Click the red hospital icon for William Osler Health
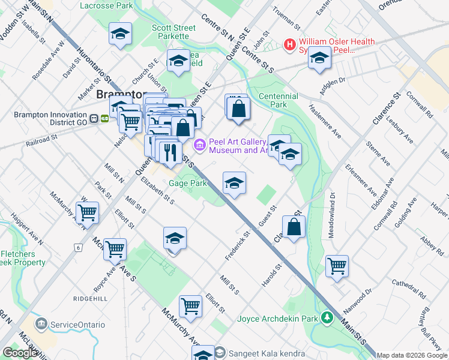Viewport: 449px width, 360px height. [x=291, y=44]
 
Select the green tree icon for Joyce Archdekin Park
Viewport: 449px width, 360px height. [x=327, y=317]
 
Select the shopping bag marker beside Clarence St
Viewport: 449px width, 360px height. [x=294, y=227]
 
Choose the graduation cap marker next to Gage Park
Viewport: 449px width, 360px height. [x=234, y=183]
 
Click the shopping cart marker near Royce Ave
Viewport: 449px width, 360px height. [x=115, y=248]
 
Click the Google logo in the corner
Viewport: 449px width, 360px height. [x=20, y=353]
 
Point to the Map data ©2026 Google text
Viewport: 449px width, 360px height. [x=412, y=355]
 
